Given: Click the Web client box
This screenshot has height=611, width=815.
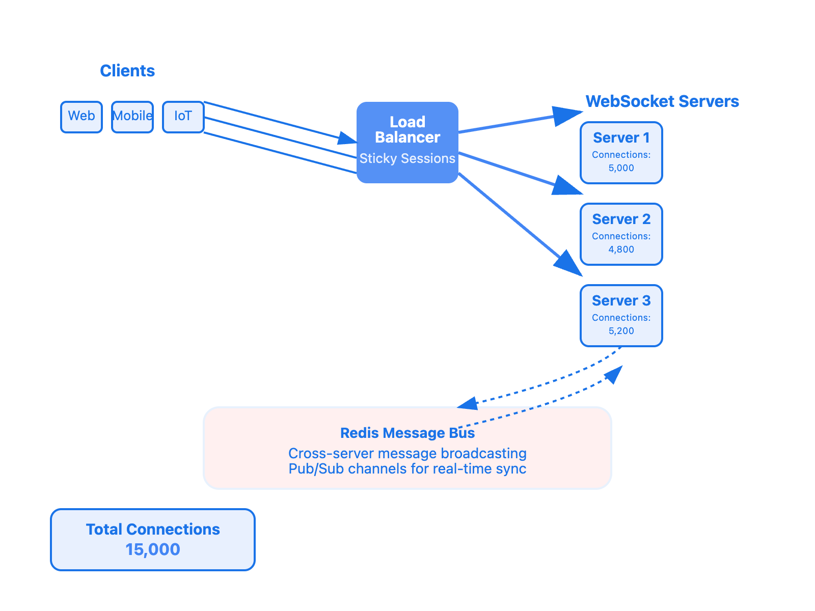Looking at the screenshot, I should point(81,117).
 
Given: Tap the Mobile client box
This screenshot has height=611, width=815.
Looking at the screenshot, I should point(132,117).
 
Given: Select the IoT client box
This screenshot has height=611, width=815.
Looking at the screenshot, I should point(183,117).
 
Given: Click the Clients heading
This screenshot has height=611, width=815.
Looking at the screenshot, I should point(127,71).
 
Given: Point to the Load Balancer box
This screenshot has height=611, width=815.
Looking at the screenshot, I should point(407,130).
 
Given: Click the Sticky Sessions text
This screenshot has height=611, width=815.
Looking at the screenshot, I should point(407,159).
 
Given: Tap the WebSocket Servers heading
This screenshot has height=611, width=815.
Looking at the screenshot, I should point(662,101).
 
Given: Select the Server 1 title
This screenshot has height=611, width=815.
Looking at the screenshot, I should point(621,138).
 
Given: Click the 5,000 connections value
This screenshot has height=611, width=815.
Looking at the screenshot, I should point(621,168).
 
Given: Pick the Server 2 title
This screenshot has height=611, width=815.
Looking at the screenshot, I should point(621,219).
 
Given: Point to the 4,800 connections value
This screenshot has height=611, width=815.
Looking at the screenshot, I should point(621,249).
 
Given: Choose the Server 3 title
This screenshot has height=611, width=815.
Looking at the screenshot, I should point(621,301).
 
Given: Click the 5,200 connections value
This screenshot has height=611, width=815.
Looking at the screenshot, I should point(621,331).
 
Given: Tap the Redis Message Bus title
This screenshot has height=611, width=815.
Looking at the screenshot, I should point(407,433).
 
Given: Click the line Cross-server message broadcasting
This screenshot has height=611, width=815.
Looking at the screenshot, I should point(407,454).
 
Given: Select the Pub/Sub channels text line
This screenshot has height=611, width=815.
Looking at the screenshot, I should point(407,469).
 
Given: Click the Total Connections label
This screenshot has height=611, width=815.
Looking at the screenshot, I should point(153,530).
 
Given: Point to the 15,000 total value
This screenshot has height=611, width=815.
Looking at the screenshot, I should point(153,550).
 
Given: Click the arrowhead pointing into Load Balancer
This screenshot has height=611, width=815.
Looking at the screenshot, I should point(348,138).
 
